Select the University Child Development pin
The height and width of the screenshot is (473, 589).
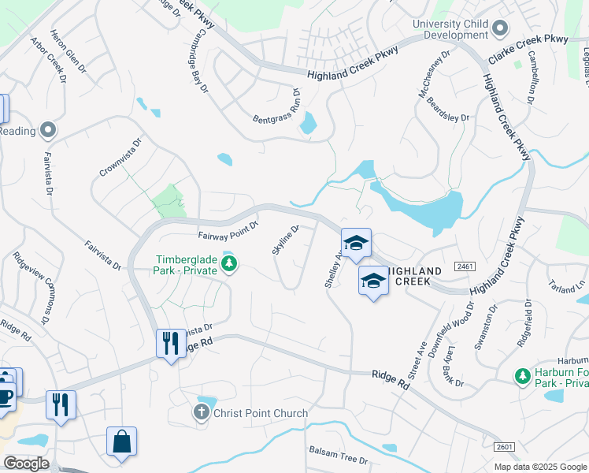tap(499, 30)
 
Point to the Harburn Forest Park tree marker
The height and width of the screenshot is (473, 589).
tap(520, 376)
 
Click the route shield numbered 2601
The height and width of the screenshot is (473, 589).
tap(505, 447)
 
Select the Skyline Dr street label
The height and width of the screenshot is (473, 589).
tap(286, 240)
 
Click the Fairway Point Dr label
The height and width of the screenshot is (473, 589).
tap(228, 234)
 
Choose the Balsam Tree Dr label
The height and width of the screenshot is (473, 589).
tap(338, 456)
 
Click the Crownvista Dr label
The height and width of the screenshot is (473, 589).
tap(120, 158)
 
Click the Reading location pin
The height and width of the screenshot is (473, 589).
tap(48, 129)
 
